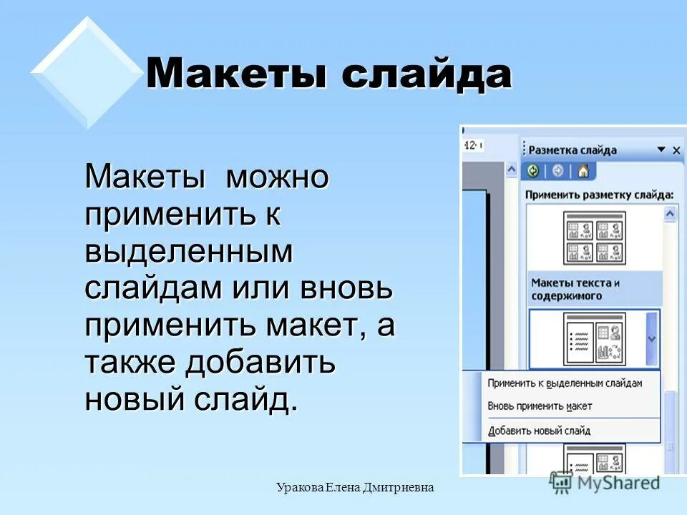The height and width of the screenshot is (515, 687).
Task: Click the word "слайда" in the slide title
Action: click(x=427, y=74)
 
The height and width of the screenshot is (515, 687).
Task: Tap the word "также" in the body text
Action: click(x=131, y=362)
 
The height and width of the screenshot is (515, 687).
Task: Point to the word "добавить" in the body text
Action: click(x=260, y=362)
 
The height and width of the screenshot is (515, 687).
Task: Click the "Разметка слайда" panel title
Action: click(x=572, y=150)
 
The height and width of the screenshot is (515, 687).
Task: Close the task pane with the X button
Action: click(x=676, y=150)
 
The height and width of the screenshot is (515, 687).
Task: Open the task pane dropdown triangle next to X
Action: click(x=661, y=150)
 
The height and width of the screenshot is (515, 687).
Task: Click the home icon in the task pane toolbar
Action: click(x=583, y=172)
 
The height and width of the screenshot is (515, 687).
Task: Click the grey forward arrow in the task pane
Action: click(x=558, y=172)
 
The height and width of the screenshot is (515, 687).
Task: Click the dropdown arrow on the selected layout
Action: click(x=651, y=339)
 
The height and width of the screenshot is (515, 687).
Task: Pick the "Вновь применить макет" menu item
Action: click(x=540, y=406)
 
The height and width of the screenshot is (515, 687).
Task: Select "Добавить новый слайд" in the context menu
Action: click(x=539, y=431)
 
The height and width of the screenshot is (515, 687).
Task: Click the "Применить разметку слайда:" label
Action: click(x=599, y=194)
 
